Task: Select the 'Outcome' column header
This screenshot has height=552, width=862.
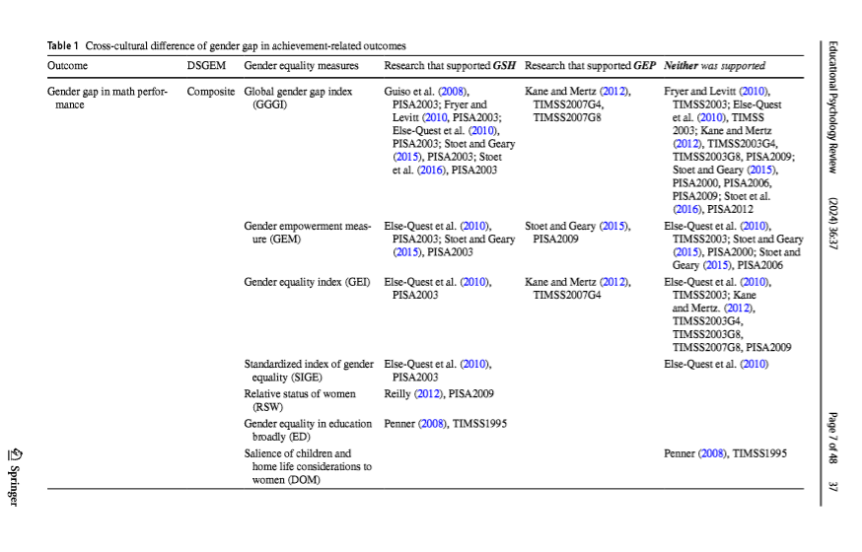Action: pyautogui.click(x=67, y=66)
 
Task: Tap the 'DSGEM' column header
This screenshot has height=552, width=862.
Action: pyautogui.click(x=207, y=66)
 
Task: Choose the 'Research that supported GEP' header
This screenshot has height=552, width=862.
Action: pyautogui.click(x=590, y=66)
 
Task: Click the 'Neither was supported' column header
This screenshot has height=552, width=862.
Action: pyautogui.click(x=715, y=66)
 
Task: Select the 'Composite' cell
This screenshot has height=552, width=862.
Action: pyautogui.click(x=210, y=92)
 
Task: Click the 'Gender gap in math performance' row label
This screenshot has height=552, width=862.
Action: pyautogui.click(x=107, y=98)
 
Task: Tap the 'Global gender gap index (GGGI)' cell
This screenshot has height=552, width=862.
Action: pyautogui.click(x=298, y=98)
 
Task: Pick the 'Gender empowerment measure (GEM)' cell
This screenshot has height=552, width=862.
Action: pyautogui.click(x=307, y=232)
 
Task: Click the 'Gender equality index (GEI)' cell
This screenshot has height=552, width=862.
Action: pyautogui.click(x=307, y=282)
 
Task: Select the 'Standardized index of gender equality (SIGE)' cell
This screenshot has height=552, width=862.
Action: pyautogui.click(x=309, y=370)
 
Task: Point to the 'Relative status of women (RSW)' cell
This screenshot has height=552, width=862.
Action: pyautogui.click(x=300, y=399)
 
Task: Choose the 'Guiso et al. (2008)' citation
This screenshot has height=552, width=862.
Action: pyautogui.click(x=426, y=92)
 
